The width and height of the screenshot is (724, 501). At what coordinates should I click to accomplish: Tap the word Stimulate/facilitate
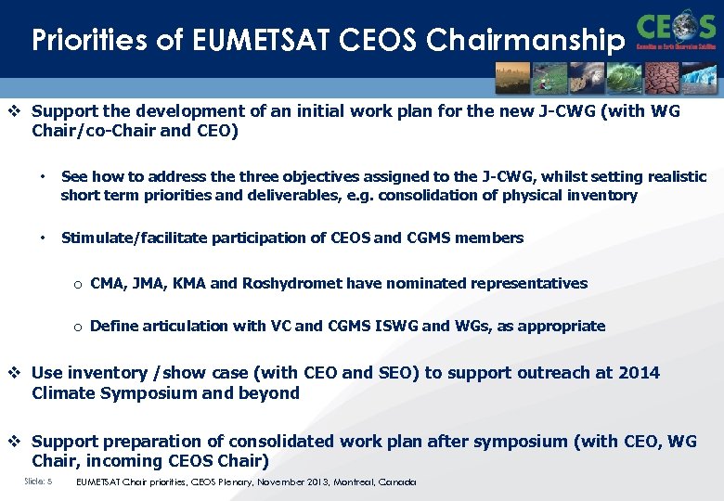click(x=134, y=238)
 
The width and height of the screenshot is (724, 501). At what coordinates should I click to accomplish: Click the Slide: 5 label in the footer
click(x=38, y=482)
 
